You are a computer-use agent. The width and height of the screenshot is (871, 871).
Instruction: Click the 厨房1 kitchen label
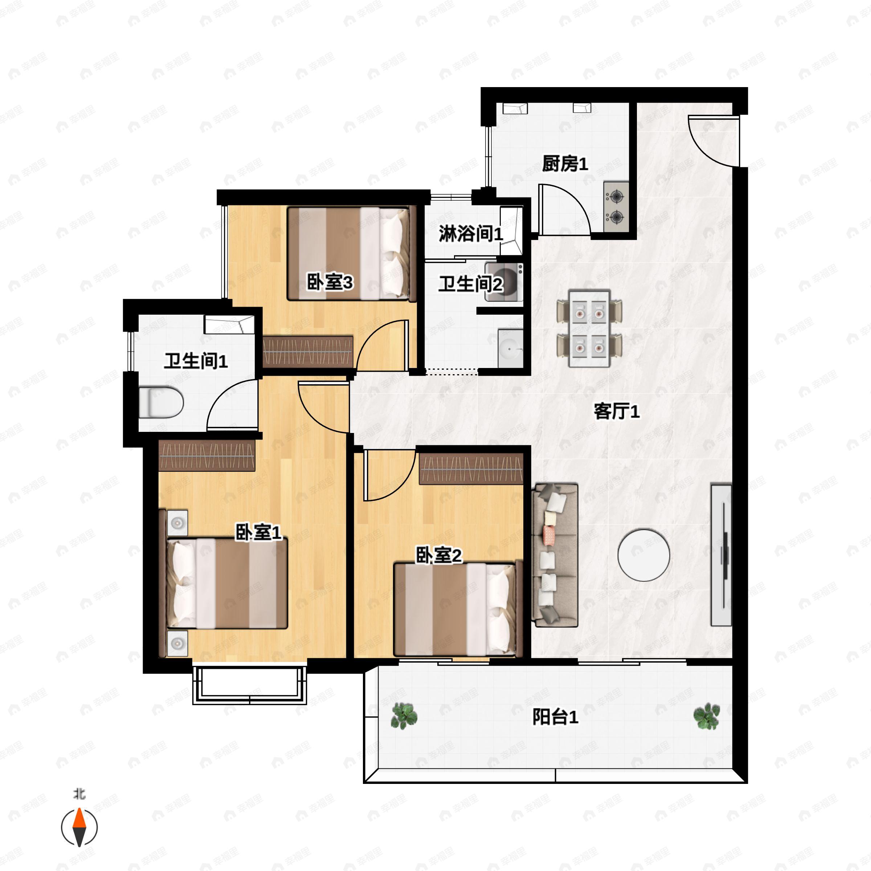tap(565, 164)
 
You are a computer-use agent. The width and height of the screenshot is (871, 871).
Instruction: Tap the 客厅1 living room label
tap(616, 411)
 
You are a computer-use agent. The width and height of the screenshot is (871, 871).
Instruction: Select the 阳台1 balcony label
tap(555, 717)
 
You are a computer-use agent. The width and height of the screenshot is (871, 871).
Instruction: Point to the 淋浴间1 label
tap(470, 233)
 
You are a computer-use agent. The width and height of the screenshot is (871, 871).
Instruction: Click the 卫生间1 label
tap(195, 361)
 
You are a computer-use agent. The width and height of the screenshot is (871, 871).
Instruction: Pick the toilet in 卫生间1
tap(160, 402)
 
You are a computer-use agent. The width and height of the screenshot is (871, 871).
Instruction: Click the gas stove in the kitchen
tap(616, 207)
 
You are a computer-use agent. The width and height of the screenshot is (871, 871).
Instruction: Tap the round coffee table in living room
tap(643, 555)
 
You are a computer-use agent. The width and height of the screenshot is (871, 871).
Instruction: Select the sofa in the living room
tap(555, 555)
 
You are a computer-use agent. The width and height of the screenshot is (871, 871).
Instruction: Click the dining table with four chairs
tap(589, 328)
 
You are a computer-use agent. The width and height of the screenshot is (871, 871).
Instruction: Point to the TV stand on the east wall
tap(721, 555)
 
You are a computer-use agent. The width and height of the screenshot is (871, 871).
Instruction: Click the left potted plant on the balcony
tap(404, 716)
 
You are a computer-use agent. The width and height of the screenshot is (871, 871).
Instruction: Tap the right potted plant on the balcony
tap(707, 716)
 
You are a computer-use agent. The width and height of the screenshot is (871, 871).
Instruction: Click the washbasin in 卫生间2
tap(510, 348)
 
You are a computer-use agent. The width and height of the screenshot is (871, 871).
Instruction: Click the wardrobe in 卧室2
tap(471, 469)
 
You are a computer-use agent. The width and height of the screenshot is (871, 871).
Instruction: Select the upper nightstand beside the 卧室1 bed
tap(177, 523)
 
